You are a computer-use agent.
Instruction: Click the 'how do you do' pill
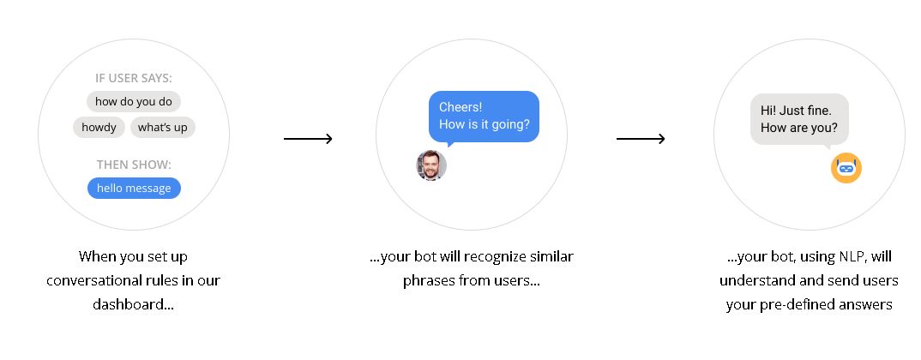point(133,102)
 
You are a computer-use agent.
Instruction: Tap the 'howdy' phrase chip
point(99,128)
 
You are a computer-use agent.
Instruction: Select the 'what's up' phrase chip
point(163,128)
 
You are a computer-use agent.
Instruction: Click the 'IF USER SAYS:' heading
point(134,78)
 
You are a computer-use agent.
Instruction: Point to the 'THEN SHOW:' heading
point(134,165)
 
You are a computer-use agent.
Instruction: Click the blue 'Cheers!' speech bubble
point(484,117)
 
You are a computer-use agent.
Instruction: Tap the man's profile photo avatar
point(431,165)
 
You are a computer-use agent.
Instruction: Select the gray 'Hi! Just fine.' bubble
point(799,120)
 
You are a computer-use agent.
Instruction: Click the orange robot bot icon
point(846,168)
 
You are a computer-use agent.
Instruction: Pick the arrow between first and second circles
point(309,139)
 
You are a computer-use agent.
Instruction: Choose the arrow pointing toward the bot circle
point(641,139)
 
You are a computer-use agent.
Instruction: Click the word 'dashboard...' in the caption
point(133,304)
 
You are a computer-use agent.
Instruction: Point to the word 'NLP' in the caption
point(850,257)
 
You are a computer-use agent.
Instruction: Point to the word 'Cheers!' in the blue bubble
point(460,107)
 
